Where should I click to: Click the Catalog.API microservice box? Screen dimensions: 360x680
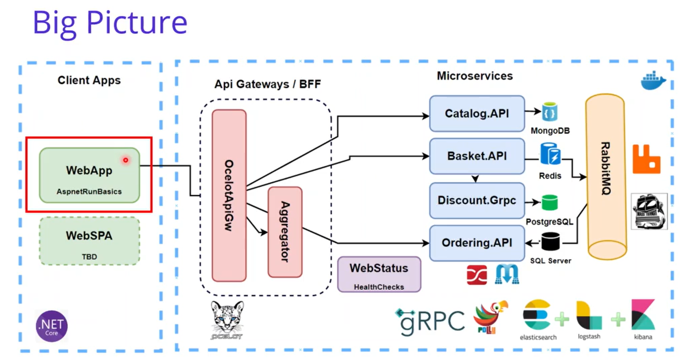pyautogui.click(x=477, y=114)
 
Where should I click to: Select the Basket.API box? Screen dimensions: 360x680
pyautogui.click(x=477, y=156)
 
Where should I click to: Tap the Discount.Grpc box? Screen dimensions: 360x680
pyautogui.click(x=477, y=200)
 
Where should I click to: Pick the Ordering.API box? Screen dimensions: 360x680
pyautogui.click(x=477, y=243)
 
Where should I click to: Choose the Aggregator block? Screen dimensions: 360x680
pyautogui.click(x=285, y=232)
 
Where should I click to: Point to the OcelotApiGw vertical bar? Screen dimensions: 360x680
pyautogui.click(x=229, y=196)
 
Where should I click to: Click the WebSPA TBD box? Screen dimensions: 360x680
pyautogui.click(x=89, y=241)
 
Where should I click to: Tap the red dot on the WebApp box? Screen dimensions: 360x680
pyautogui.click(x=126, y=160)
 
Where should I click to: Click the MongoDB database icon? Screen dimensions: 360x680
pyautogui.click(x=550, y=112)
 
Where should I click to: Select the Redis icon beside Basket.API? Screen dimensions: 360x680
pyautogui.click(x=550, y=154)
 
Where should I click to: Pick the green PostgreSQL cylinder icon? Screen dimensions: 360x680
pyautogui.click(x=550, y=202)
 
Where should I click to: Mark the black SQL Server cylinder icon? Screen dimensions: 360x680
pyautogui.click(x=550, y=241)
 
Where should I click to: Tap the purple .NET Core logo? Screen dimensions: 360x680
pyautogui.click(x=52, y=326)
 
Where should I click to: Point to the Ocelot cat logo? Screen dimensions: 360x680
pyautogui.click(x=227, y=320)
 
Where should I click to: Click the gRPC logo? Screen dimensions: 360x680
pyautogui.click(x=430, y=321)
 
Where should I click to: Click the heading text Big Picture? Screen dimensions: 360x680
pyautogui.click(x=110, y=23)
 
